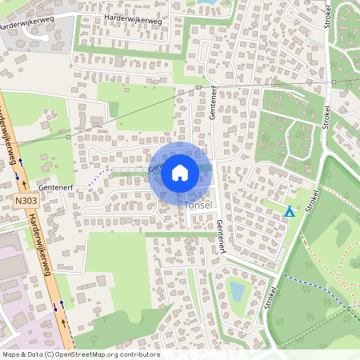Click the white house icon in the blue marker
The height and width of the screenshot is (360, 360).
(180, 172)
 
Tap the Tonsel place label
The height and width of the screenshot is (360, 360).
(198, 206)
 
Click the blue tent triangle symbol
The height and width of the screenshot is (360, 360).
(290, 212)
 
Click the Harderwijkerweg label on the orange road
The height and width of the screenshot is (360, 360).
(38, 244)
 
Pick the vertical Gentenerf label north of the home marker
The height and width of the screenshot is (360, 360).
(214, 102)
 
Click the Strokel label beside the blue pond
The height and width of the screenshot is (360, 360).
(269, 298)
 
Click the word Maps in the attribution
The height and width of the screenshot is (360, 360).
(11, 354)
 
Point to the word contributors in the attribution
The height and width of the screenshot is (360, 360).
(142, 354)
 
